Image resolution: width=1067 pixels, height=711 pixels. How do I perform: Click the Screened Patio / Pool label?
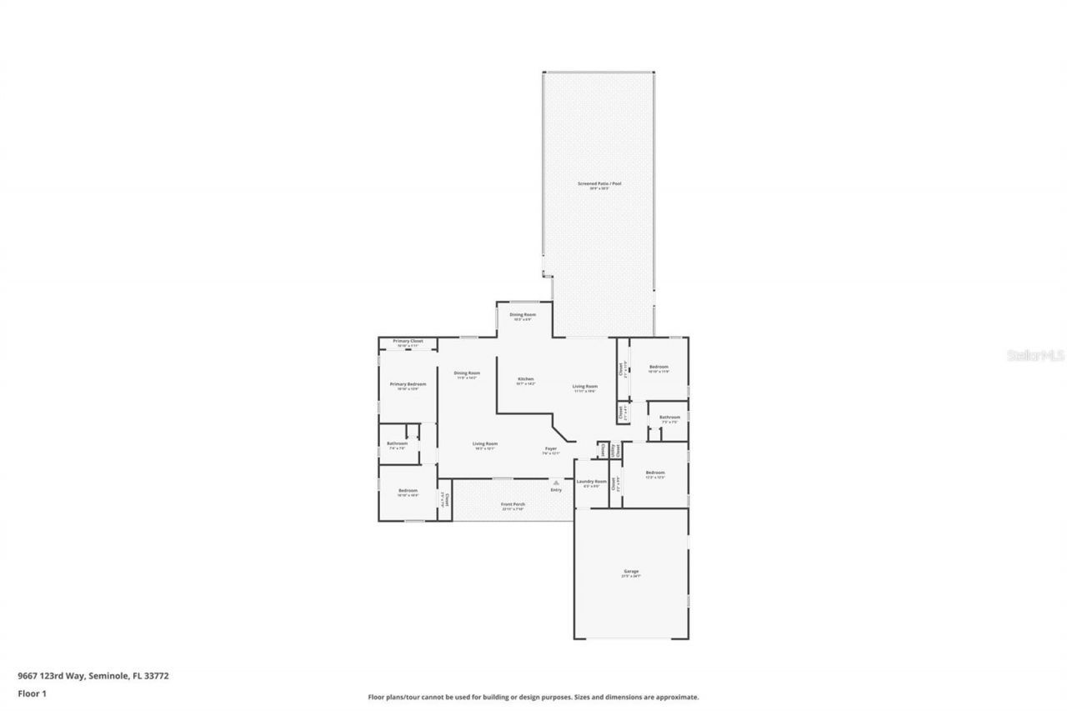point(599,183)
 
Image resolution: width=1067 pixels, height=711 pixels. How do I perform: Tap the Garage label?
point(630,571)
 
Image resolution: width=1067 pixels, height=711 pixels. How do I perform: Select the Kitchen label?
point(525,379)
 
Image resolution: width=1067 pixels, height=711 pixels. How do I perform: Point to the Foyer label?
point(551,448)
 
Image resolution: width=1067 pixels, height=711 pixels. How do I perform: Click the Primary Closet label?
point(408,341)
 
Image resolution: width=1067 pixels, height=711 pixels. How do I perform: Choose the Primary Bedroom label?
point(408,384)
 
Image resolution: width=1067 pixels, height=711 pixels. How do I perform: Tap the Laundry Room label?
point(591,481)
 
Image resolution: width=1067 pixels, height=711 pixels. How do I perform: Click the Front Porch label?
point(513,504)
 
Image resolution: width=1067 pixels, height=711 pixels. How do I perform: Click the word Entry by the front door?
point(556,489)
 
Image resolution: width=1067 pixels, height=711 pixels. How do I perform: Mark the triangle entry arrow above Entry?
point(556,482)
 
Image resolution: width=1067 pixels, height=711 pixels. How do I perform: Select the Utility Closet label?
point(615,449)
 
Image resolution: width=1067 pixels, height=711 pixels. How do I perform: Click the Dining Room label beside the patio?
point(523,314)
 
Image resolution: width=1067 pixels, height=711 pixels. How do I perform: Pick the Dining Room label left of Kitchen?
point(467,373)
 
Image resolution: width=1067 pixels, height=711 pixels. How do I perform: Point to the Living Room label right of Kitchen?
point(585,386)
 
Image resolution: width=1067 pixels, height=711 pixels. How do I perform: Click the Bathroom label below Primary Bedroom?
point(398,443)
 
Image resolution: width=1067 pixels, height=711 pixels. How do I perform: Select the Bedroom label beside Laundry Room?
point(655,473)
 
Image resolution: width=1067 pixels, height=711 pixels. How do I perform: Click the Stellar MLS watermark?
point(1036,355)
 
